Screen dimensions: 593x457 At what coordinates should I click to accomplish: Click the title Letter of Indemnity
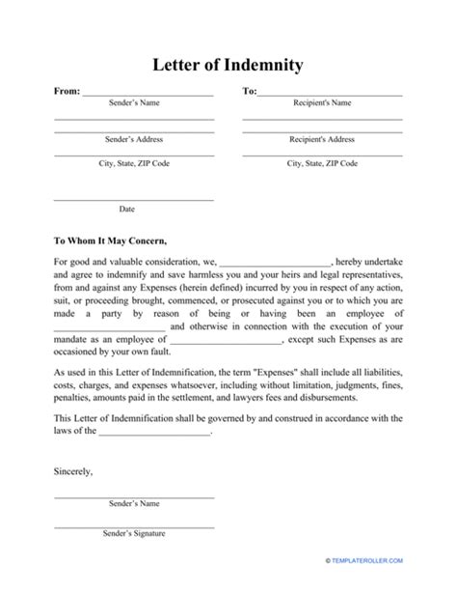pos(228,66)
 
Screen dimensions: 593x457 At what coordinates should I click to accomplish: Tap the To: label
pos(249,92)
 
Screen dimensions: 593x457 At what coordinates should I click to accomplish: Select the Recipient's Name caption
pos(321,102)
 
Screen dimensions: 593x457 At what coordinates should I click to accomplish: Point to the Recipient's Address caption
pos(321,139)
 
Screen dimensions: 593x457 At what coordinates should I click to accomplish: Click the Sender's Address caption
pos(133,139)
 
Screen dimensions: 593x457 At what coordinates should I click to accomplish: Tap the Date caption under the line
pos(127,209)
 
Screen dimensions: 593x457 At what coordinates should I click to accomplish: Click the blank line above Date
pos(133,199)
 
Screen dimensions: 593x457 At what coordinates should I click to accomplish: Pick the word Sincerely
pos(74,471)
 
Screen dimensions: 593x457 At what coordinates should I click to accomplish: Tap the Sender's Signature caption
pos(133,534)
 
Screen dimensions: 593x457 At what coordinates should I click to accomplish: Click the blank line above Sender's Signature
pos(133,524)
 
